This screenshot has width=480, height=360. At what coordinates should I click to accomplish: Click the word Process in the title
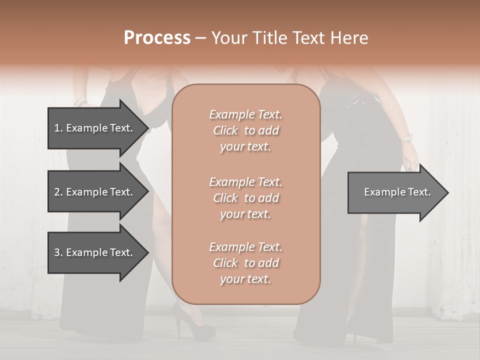pos(157,38)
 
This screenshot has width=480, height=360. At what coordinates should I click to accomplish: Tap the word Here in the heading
pos(349,38)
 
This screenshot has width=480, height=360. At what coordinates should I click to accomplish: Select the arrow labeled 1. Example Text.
pos(95,128)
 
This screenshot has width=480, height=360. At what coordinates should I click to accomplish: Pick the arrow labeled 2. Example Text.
pos(95,192)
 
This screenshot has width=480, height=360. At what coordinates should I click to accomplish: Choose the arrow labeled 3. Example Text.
pos(95,252)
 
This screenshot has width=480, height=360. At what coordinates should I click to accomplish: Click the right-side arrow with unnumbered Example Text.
pos(395,192)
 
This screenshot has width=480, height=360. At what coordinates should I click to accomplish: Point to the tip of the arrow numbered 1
pos(147,128)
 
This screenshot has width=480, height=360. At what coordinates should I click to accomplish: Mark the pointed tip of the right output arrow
pos(447,192)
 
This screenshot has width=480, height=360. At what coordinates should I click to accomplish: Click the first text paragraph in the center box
pos(245,130)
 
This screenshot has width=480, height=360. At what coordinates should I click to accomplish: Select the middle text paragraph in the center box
pos(245,198)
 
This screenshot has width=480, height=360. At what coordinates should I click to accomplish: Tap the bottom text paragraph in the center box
pos(245,263)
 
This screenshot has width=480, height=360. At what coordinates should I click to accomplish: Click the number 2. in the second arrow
pos(58,192)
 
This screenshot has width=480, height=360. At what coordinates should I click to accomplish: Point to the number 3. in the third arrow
pos(58,252)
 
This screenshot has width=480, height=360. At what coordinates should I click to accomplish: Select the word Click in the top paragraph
pos(225,130)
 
